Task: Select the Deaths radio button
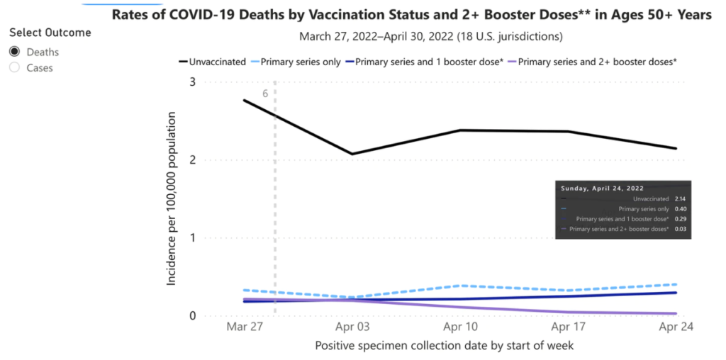click(14, 52)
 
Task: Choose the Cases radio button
click(14, 67)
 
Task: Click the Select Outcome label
click(50, 33)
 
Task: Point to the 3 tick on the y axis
click(192, 82)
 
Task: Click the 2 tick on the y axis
click(192, 160)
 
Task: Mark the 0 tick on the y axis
click(192, 316)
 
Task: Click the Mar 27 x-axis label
click(243, 328)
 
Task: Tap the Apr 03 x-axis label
click(352, 328)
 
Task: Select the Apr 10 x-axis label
click(460, 328)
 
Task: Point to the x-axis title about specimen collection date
click(444, 346)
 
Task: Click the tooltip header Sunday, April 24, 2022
click(602, 189)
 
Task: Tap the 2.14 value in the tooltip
click(681, 200)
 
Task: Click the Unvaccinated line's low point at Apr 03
click(352, 154)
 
